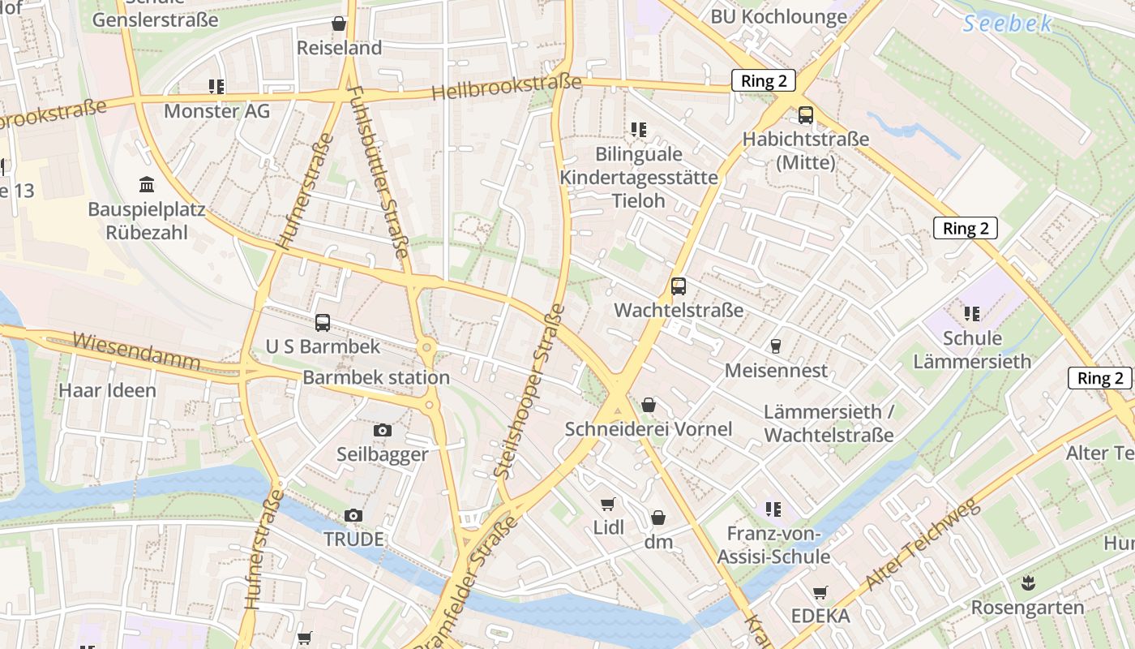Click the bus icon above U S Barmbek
(x=323, y=323)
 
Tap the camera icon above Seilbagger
(x=383, y=431)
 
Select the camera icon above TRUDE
(x=353, y=515)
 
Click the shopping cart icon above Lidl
(x=607, y=504)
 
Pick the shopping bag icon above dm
(x=658, y=518)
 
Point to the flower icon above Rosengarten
(x=1027, y=582)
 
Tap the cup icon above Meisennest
(x=776, y=346)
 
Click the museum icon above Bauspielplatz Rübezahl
(x=147, y=184)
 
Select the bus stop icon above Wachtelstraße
(x=678, y=286)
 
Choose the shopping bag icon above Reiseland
(x=338, y=24)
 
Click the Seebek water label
(x=1007, y=23)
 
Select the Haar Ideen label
(x=107, y=390)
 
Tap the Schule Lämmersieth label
(x=972, y=350)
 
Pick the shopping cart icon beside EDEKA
(x=820, y=593)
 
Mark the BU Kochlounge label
(x=778, y=16)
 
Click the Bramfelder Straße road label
(x=470, y=580)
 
